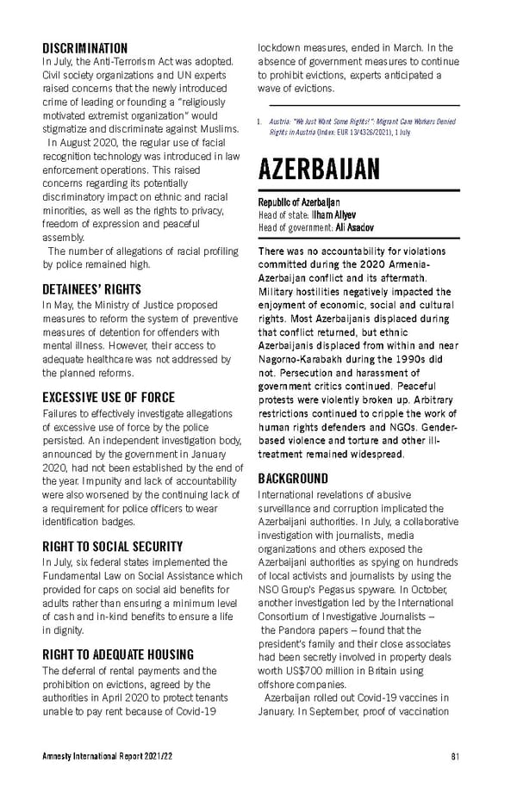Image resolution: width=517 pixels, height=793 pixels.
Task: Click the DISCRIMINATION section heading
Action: pos(84,48)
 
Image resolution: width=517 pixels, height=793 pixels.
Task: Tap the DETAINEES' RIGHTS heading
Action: pos(91,289)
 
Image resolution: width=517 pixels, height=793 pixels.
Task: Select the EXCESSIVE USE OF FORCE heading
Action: pos(109,398)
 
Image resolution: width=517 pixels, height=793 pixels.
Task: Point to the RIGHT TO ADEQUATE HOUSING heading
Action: pos(117,654)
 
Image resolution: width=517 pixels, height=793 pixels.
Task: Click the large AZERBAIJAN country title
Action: pos(318,169)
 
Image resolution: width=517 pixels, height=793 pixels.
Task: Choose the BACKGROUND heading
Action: pos(293,478)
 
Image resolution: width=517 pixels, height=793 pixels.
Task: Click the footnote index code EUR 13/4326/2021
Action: pos(352,132)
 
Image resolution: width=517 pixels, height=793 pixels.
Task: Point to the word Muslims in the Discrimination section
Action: pos(217,129)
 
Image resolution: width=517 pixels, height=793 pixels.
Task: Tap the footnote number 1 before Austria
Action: pos(259,122)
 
